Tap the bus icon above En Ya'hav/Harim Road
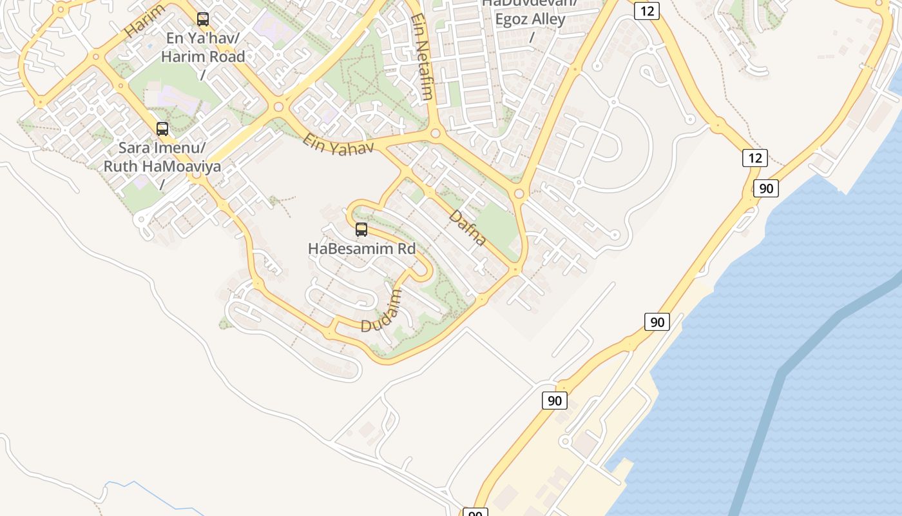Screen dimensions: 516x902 [x=203, y=19]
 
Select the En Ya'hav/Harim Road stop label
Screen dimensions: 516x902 [x=203, y=47]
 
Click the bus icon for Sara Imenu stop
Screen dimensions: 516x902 [x=162, y=129]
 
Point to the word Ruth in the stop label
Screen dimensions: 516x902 [x=121, y=166]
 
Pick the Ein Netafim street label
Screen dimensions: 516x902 [x=421, y=57]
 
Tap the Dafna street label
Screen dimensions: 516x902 [x=468, y=228]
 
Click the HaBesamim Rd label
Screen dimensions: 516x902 [x=361, y=248]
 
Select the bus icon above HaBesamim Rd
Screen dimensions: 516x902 [x=361, y=229]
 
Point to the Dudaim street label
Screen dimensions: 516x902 [x=381, y=311]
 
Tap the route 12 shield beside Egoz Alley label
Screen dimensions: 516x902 [x=646, y=10]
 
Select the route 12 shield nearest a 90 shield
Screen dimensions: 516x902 [x=755, y=157]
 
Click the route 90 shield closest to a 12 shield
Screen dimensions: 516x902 [x=766, y=188]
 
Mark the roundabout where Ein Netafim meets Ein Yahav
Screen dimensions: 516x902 [x=435, y=134]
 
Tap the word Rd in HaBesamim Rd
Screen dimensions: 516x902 [x=405, y=248]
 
